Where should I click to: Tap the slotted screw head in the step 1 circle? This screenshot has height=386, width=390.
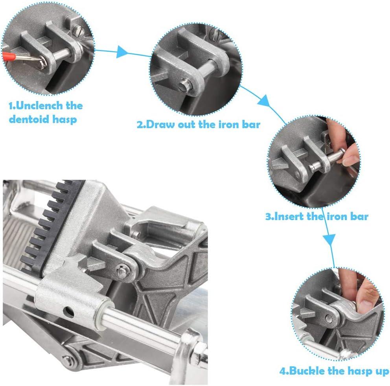coord(77,30)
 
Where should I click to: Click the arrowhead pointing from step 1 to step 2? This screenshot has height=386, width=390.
coord(122,52)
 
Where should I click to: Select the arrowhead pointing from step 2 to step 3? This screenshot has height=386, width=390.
coord(264,101)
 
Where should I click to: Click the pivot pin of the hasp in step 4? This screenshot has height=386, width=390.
coord(329,318)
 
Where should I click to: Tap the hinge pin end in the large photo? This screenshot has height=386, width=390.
coord(122,270)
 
